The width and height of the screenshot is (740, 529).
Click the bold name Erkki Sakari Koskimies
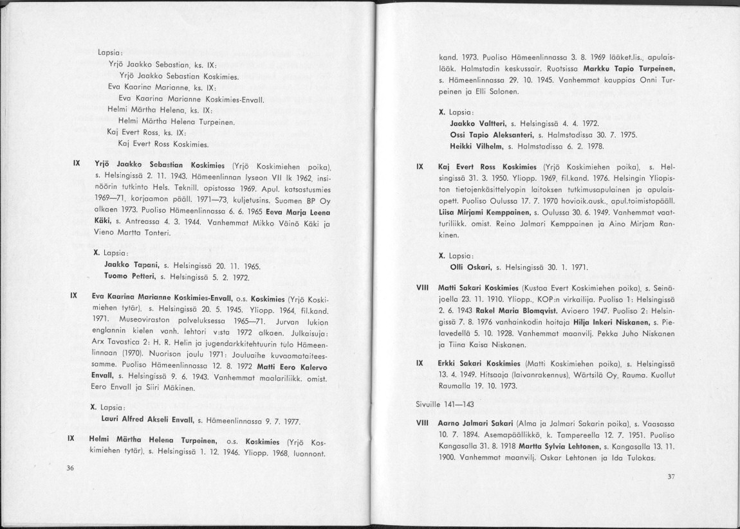point(480,363)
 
